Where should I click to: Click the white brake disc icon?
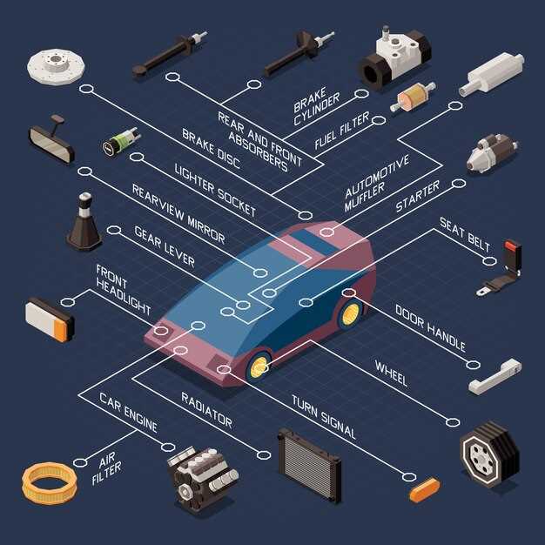(56, 66)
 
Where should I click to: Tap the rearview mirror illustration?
(51, 139)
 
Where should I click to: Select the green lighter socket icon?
(121, 142)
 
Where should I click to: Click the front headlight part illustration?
(50, 320)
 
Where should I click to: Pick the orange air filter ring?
(50, 483)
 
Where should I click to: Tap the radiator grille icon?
(309, 465)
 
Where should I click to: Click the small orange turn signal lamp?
(424, 490)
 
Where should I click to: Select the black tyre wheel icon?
(490, 454)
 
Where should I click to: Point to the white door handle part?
(495, 377)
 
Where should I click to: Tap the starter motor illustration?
(492, 153)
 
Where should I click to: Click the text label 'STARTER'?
(417, 197)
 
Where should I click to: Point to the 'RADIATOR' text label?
(207, 410)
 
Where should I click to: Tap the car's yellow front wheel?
(259, 367)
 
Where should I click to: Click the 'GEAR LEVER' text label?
(165, 246)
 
